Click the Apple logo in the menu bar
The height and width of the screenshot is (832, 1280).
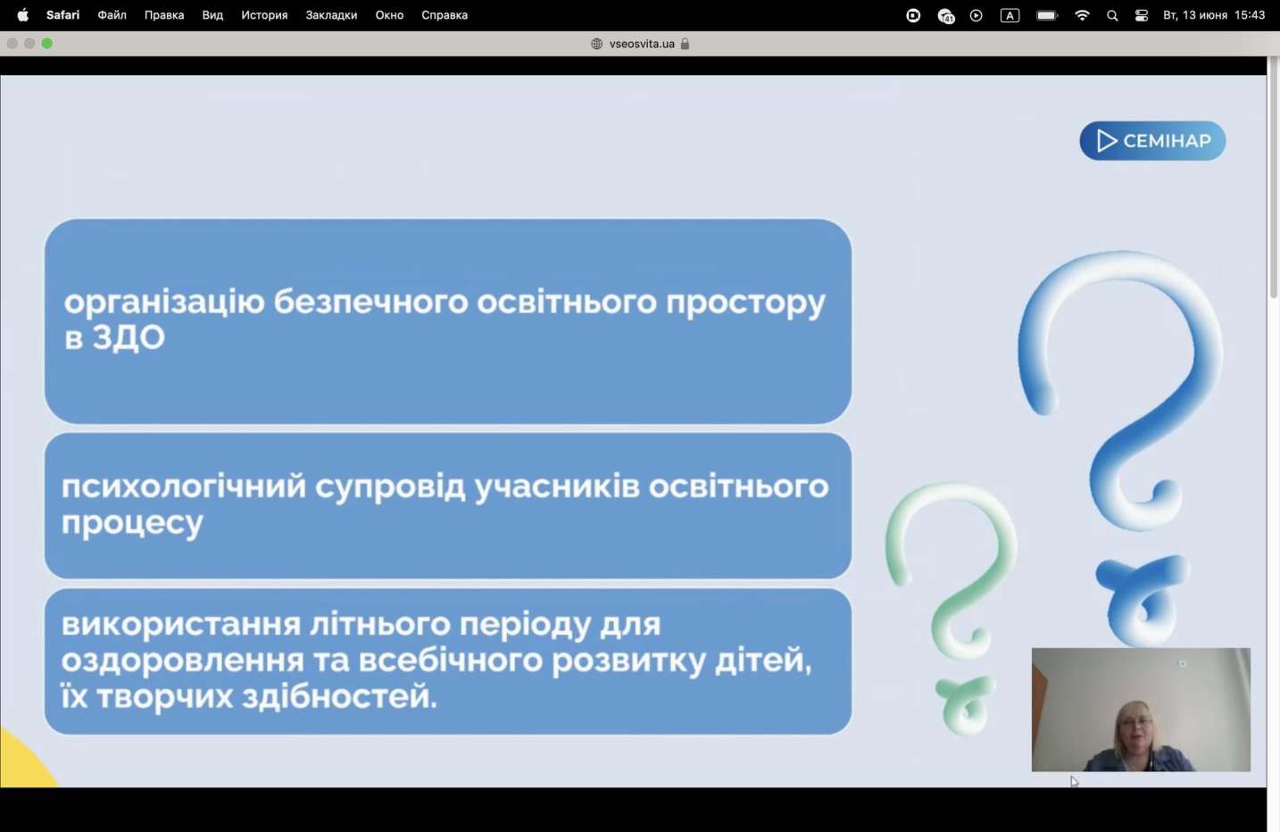coord(23,15)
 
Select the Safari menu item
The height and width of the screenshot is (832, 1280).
coord(62,15)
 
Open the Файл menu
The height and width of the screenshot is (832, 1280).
coord(112,15)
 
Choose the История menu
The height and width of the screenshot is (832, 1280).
coord(264,15)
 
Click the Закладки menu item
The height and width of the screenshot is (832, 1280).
coord(331,15)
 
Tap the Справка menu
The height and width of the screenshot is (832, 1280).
coord(445,15)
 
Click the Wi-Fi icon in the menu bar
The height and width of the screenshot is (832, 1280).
coord(1082,15)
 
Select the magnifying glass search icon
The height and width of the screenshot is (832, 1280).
coord(1112,15)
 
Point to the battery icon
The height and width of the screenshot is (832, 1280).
coord(1047,15)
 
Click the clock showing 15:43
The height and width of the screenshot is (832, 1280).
coord(1250,15)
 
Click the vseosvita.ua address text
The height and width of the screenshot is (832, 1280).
coord(642,44)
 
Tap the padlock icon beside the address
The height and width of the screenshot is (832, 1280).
coord(685,44)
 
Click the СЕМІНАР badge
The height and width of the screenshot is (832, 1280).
coord(1152,140)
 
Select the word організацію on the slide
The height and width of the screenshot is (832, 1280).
coord(164,303)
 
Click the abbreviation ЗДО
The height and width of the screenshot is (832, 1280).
coord(129,337)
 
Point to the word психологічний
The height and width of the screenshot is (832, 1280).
coord(184,487)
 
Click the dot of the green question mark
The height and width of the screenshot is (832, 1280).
coord(966,704)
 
